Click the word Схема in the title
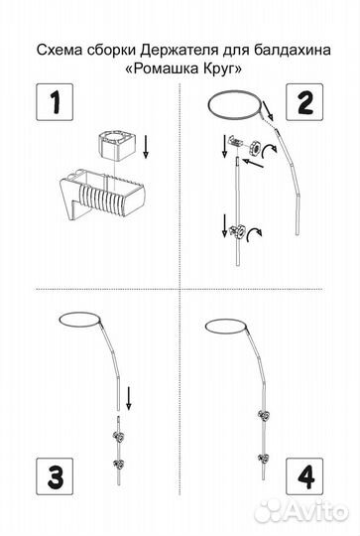coord(60,51)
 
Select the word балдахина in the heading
coord(293,51)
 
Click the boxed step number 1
coord(55,102)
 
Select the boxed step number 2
coord(304,102)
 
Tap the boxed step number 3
coord(55,476)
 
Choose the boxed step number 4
coord(304,476)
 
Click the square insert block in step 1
coord(114,145)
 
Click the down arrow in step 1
coord(146,147)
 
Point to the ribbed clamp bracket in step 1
coord(101,194)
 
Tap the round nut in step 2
coord(254,148)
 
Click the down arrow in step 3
coord(129,398)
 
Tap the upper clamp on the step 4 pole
coord(264,415)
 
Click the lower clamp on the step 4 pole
coord(264,458)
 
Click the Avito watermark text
coord(302,512)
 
